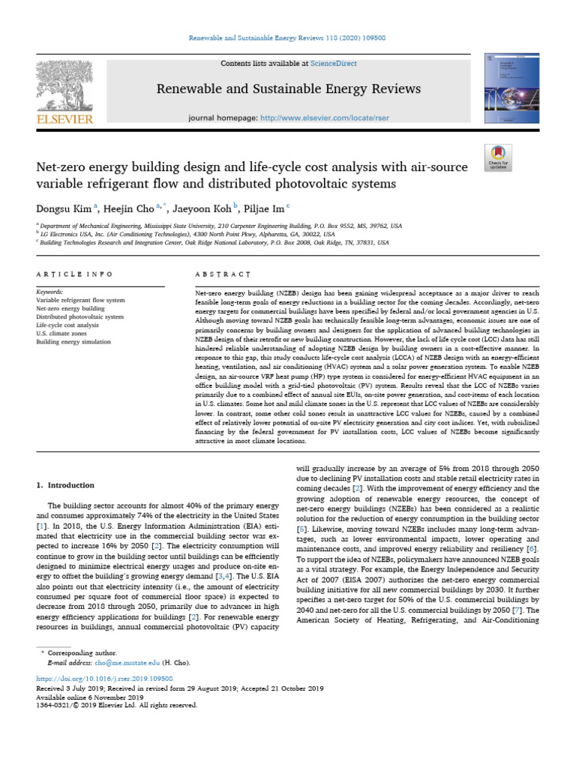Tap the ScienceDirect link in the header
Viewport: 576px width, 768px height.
click(x=336, y=64)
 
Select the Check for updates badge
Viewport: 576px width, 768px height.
click(x=498, y=154)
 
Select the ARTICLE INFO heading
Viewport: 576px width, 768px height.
click(x=74, y=274)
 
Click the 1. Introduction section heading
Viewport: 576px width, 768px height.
click(x=66, y=485)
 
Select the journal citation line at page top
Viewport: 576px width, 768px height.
click(x=287, y=37)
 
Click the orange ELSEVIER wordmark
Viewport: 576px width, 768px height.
click(x=64, y=119)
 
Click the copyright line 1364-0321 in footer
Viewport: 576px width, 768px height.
click(x=116, y=704)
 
